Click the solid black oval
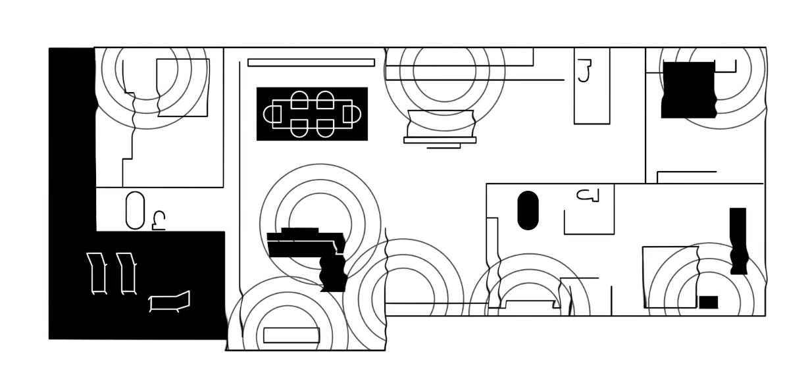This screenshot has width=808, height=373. point(528,211)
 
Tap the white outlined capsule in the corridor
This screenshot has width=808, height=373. point(135,211)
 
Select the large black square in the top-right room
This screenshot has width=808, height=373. point(688,89)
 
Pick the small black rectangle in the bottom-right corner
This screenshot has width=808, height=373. point(708,303)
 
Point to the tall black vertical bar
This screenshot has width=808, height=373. point(738,240)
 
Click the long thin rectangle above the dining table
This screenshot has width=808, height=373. point(311,62)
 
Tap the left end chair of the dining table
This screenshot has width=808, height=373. point(272,114)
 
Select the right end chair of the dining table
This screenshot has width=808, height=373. point(352,114)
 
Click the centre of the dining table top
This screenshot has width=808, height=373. point(312,114)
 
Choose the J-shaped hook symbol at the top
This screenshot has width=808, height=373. point(584,70)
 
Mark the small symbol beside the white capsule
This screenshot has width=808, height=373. point(159,220)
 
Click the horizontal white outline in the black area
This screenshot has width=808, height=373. point(170,301)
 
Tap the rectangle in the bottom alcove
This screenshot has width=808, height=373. point(291,336)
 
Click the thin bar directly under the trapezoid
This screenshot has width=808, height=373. point(440,140)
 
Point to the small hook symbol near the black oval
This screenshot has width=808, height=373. point(589,195)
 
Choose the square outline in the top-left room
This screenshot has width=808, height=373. point(183,87)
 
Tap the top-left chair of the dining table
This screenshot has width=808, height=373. point(299,100)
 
